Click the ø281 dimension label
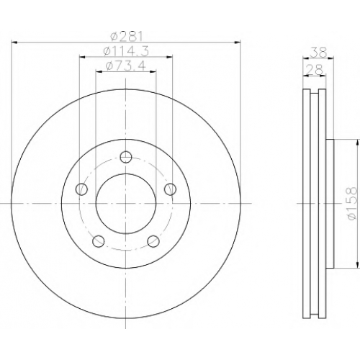point(127,37)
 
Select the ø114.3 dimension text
point(126,51)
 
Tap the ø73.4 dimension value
point(126,66)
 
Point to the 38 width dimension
point(318,52)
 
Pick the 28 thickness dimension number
point(314,70)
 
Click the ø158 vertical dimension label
point(352,204)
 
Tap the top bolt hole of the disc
point(126,157)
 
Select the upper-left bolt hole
point(81,189)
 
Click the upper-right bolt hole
point(170,189)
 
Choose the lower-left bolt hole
point(98,241)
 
